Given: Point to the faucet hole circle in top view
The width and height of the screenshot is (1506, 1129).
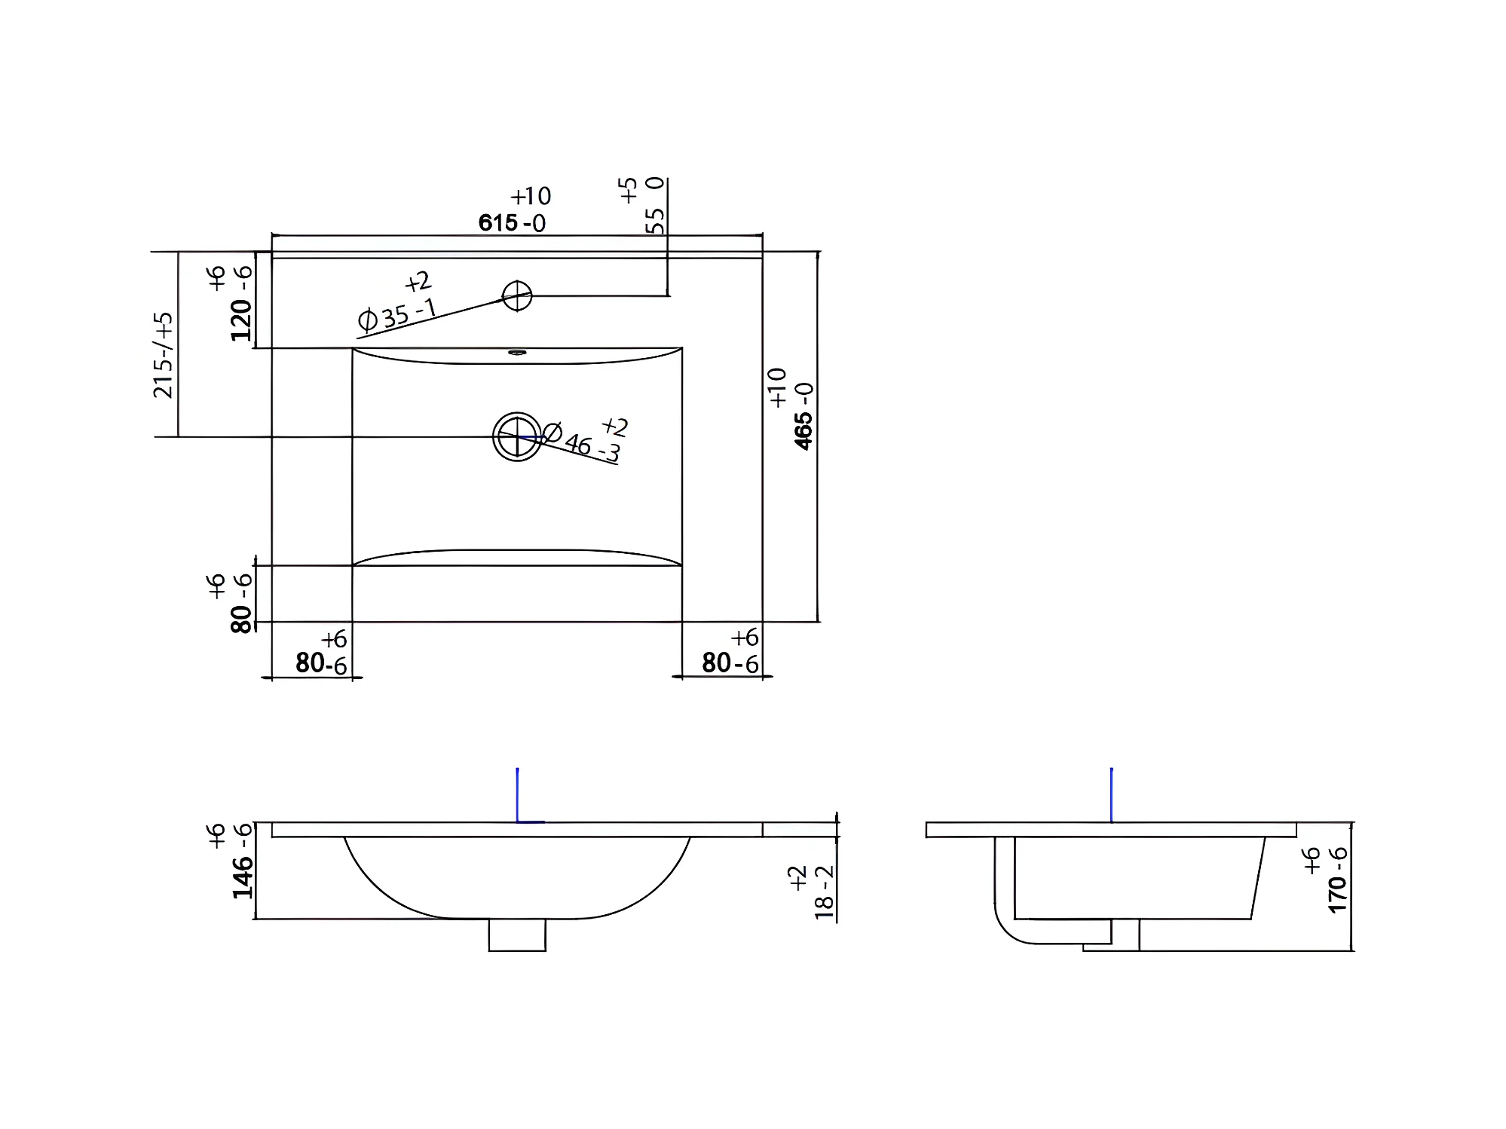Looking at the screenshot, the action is pos(517,295).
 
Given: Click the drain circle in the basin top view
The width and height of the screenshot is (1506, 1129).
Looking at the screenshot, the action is pos(517,436).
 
